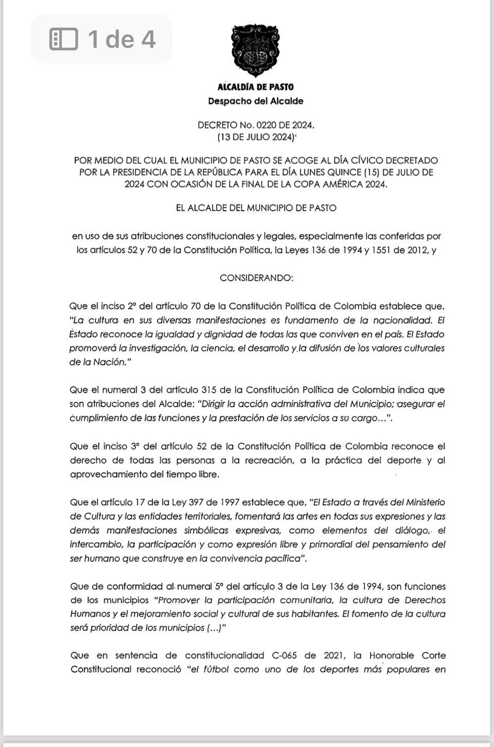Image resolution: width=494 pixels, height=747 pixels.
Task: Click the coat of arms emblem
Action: tap(256, 51)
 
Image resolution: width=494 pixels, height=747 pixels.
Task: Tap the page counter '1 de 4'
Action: tap(121, 39)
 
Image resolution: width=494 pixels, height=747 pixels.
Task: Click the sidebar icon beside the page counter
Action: tap(64, 39)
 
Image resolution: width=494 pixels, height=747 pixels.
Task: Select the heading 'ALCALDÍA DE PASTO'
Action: tap(256, 87)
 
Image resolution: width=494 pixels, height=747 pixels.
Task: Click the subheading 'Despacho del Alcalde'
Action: tap(256, 101)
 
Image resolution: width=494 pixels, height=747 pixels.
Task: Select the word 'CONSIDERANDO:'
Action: tap(256, 278)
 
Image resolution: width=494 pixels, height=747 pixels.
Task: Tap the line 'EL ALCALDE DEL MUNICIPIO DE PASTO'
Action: tap(256, 208)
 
